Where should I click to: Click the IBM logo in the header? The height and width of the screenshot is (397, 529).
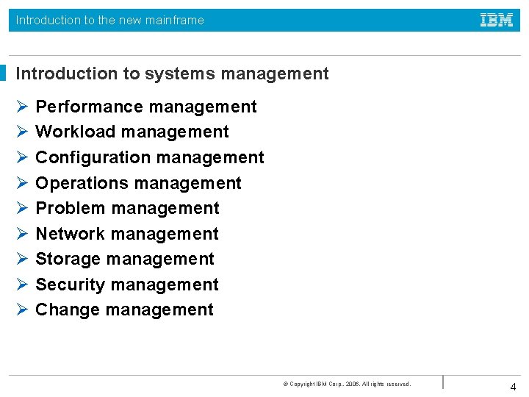click(497, 21)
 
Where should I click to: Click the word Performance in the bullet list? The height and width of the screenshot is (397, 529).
click(81, 107)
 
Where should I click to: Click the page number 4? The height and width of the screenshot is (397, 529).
click(513, 387)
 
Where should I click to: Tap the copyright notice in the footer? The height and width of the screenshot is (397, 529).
click(347, 384)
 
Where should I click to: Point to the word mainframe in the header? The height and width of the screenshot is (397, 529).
click(174, 21)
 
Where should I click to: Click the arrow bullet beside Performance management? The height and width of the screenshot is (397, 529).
click(21, 107)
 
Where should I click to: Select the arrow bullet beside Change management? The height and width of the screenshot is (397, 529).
click(21, 310)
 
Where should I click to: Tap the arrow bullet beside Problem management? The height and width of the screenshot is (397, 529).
click(21, 208)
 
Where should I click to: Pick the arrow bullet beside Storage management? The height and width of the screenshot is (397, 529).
click(21, 259)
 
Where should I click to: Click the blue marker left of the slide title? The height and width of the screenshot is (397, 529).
click(3, 74)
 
